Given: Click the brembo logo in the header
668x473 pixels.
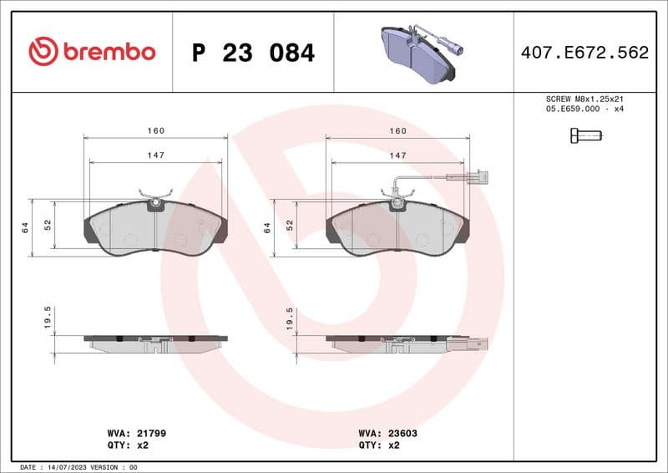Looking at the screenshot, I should tap(92, 52).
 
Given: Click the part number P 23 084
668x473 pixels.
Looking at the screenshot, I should tap(253, 53).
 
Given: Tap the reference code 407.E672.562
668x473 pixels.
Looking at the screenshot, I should tap(584, 53).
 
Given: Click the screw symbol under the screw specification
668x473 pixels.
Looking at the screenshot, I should tap(585, 135).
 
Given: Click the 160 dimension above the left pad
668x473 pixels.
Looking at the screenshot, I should tap(156, 131).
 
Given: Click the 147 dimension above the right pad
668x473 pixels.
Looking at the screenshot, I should tap(398, 155).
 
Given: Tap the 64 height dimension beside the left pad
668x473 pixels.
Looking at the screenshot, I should tap(25, 226).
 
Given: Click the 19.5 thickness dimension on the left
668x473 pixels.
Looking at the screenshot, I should tap(48, 318).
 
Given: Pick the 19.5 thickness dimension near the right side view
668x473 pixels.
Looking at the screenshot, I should tap(290, 318).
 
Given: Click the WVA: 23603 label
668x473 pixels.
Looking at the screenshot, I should tap(388, 434).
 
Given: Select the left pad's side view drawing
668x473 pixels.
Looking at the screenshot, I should tap(155, 343).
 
